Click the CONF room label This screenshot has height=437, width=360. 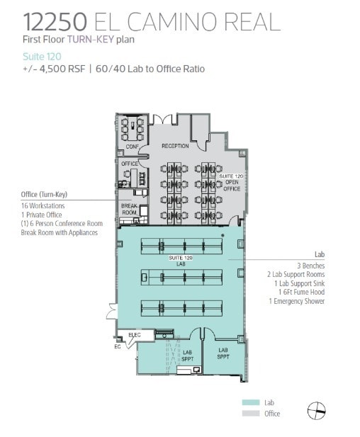131,147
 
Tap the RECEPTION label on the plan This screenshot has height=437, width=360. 175,146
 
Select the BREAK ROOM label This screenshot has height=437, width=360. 129,210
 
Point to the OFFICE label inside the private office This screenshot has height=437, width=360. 130,164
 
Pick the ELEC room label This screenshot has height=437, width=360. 135,334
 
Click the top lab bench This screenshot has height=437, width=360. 181,246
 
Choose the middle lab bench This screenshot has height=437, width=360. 181,276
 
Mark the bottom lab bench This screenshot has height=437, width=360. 181,307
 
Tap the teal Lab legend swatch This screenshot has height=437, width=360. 251,402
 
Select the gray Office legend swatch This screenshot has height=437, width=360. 251,413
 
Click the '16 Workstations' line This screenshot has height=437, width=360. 43,205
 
